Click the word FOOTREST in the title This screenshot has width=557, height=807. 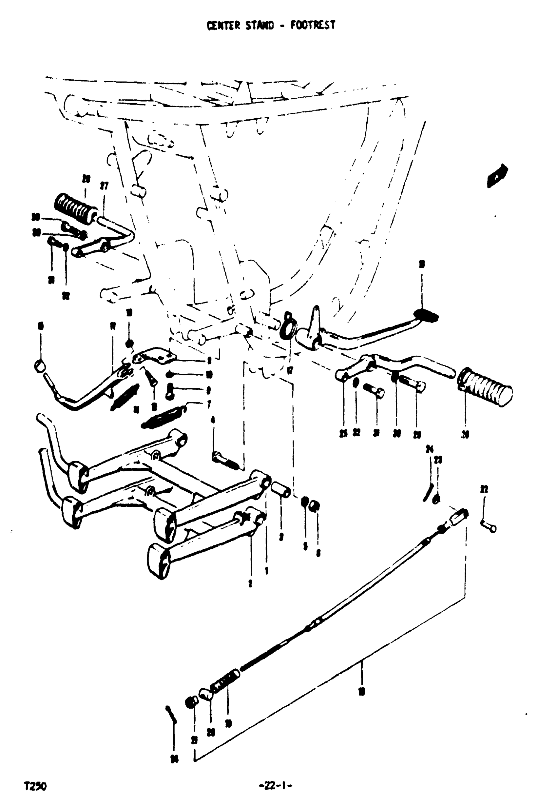[313, 25]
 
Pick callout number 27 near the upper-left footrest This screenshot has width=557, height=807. [104, 186]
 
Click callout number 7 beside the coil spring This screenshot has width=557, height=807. [209, 404]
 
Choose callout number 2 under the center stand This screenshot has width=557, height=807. [250, 583]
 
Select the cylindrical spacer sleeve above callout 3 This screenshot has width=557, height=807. [281, 490]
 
